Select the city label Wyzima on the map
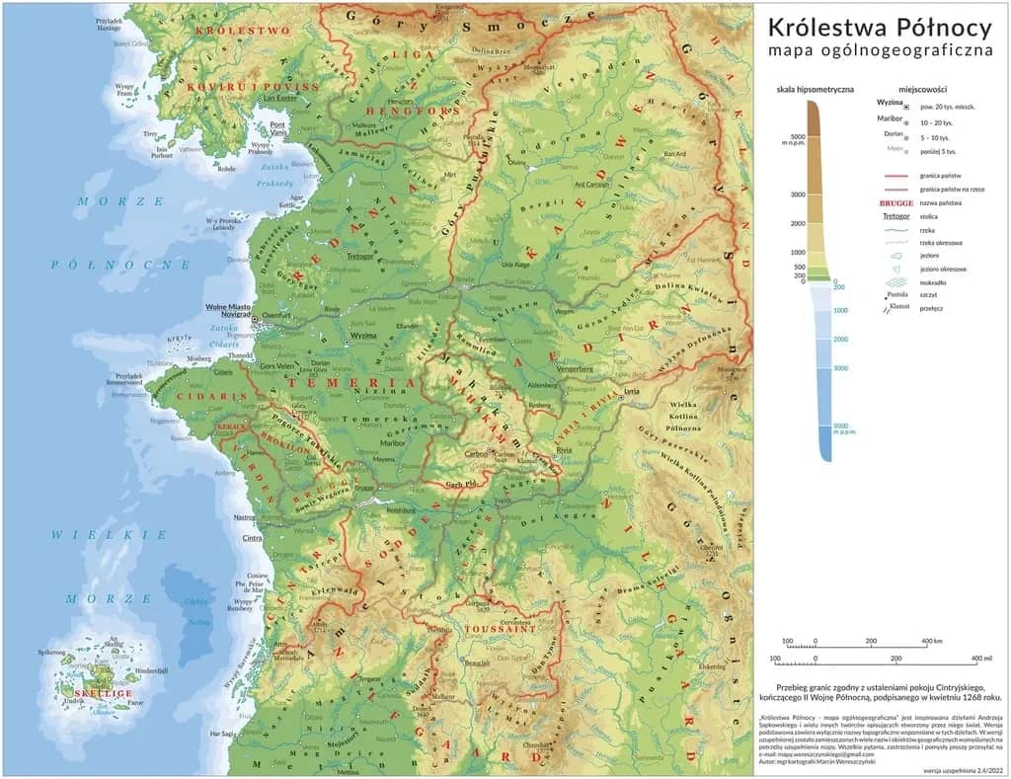pyautogui.click(x=363, y=336)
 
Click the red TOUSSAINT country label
pyautogui.click(x=500, y=627)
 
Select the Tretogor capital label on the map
pyautogui.click(x=362, y=256)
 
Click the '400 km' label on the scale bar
pyautogui.click(x=931, y=642)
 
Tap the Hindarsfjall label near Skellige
pyautogui.click(x=151, y=670)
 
